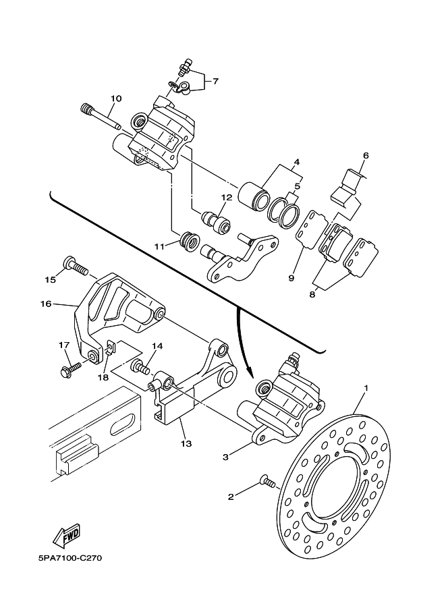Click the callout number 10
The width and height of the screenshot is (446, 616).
pyautogui.click(x=115, y=99)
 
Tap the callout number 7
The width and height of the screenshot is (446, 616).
pyautogui.click(x=215, y=82)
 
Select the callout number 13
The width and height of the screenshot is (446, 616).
pyautogui.click(x=186, y=443)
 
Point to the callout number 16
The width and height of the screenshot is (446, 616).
pyautogui.click(x=46, y=304)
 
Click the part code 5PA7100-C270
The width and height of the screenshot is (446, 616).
pyautogui.click(x=70, y=558)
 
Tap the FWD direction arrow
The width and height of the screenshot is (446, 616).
pyautogui.click(x=67, y=536)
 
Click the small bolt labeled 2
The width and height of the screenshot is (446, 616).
pyautogui.click(x=269, y=481)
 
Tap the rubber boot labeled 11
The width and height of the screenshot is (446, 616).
pyautogui.click(x=190, y=242)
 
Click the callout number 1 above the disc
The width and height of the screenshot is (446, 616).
pyautogui.click(x=366, y=388)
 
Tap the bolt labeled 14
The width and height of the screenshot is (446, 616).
pyautogui.click(x=140, y=366)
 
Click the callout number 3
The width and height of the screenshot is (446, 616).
pyautogui.click(x=225, y=457)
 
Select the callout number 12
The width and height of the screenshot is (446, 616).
pyautogui.click(x=227, y=197)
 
